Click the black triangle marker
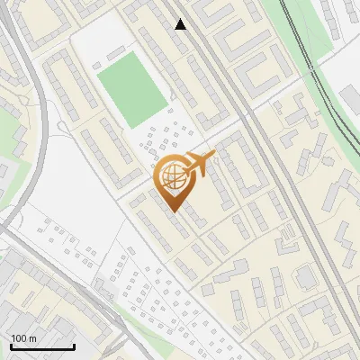(x=181, y=24)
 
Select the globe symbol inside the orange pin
(x=173, y=177)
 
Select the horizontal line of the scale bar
(x=42, y=346)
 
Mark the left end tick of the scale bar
(x=11, y=345)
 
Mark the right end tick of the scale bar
(x=74, y=345)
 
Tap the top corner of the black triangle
(x=181, y=19)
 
